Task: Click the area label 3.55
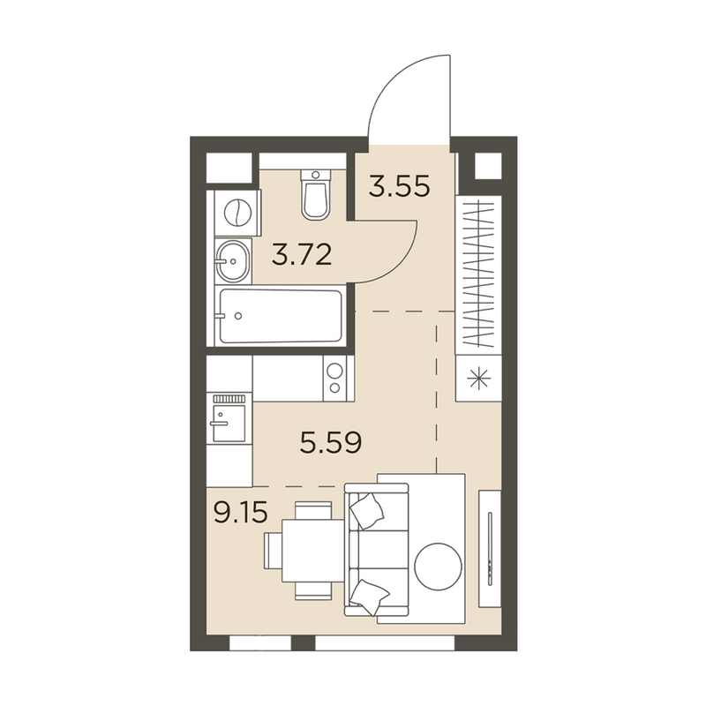399,186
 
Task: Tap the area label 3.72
302,254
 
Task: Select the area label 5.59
331,443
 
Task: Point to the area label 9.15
241,513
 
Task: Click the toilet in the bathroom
316,194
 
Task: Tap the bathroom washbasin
233,260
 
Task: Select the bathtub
281,316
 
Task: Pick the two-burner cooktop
334,379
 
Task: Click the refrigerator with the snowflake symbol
478,378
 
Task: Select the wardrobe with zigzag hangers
478,274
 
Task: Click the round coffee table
438,566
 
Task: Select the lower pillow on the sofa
369,597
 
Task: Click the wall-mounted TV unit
490,549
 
